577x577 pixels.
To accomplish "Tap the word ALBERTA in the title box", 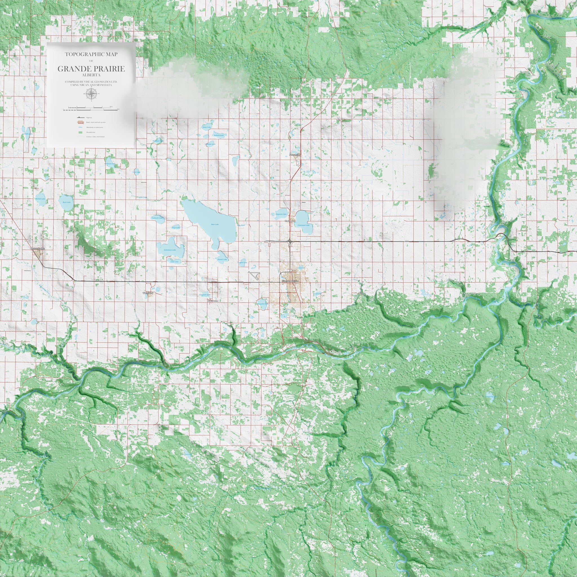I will coord(91,75).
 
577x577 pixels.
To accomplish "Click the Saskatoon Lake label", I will coord(170,250).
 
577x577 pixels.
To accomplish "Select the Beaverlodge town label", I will coord(38,248).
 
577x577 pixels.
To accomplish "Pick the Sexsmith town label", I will coord(295,155).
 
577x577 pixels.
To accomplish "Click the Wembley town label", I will coord(148,293).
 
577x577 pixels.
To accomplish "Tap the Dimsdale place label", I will coord(213,301).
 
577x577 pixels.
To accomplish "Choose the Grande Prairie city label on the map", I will coord(290,281).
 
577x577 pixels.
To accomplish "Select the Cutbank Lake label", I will coord(157,218).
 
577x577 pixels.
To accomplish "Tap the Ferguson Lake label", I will coord(281,214).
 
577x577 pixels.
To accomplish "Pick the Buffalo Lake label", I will coord(218,135).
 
